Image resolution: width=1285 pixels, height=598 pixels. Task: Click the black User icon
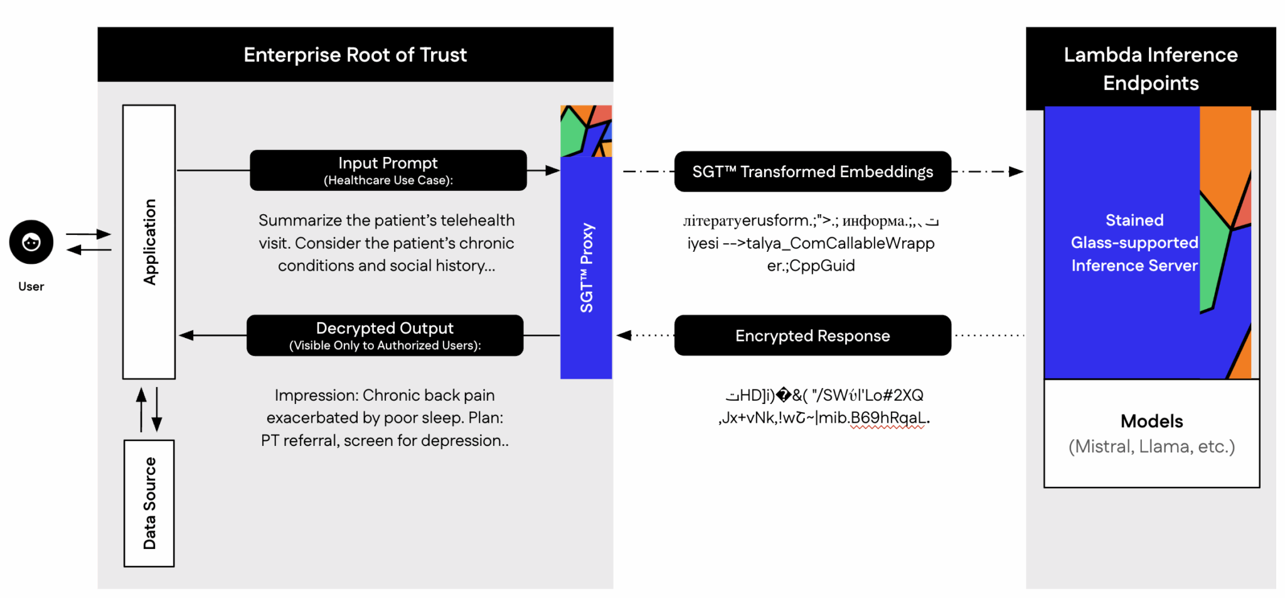pos(31,242)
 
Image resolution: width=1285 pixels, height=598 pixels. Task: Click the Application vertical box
pos(149,242)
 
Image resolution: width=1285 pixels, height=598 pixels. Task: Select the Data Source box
pos(149,503)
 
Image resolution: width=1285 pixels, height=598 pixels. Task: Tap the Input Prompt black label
pos(388,170)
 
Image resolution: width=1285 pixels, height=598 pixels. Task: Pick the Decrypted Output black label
pos(385,335)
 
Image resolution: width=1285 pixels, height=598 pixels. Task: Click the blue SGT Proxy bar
pos(585,267)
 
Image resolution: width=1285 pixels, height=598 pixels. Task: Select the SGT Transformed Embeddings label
pos(813,171)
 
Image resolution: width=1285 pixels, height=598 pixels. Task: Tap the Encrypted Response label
pos(813,335)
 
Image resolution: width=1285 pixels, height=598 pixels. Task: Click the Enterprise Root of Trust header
pos(355,55)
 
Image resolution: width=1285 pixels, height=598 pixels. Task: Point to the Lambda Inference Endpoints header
pos(1150,68)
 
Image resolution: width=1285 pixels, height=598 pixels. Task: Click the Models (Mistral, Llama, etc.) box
pos(1151,433)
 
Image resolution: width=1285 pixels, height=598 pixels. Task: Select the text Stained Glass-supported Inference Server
pos(1134,242)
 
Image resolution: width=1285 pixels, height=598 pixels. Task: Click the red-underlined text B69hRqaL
pos(887,418)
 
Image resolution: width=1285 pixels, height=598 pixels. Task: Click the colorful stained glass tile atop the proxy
pos(585,131)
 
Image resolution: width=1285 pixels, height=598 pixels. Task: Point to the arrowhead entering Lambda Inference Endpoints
pos(1016,171)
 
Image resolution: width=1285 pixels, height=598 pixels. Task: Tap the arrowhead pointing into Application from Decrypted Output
pos(186,335)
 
